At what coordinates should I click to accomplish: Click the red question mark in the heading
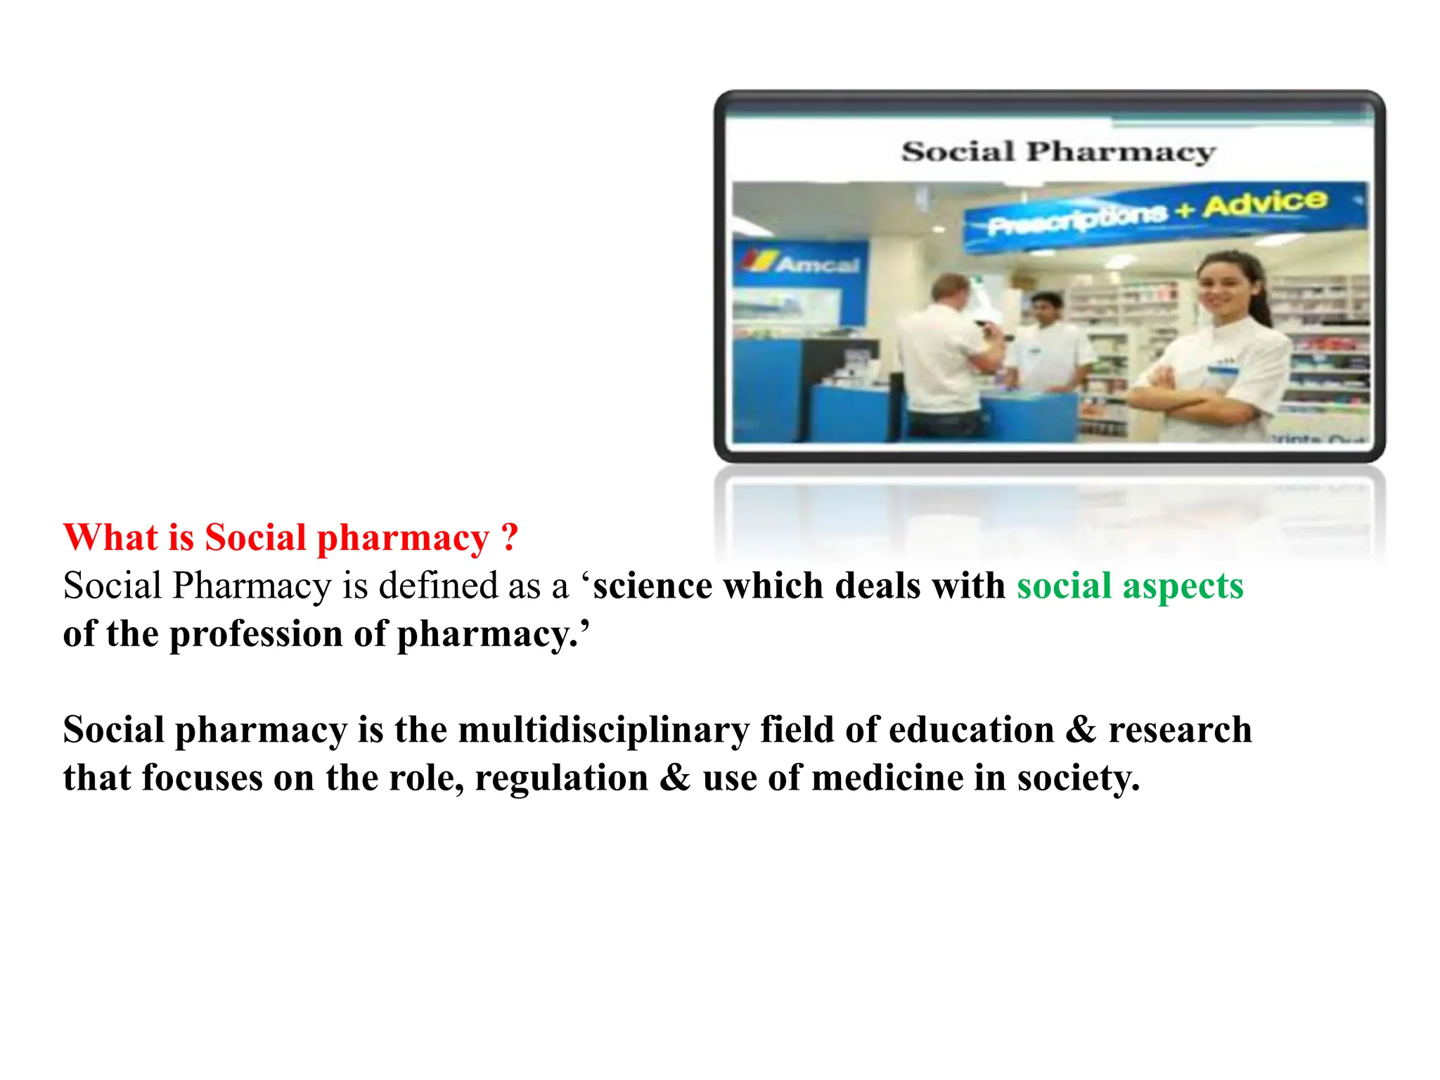tap(510, 538)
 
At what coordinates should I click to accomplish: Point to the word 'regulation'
tap(561, 778)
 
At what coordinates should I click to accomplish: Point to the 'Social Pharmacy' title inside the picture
tap(1058, 151)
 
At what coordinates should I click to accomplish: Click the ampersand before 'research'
tap(1081, 730)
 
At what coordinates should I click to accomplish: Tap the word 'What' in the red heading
tap(110, 538)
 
